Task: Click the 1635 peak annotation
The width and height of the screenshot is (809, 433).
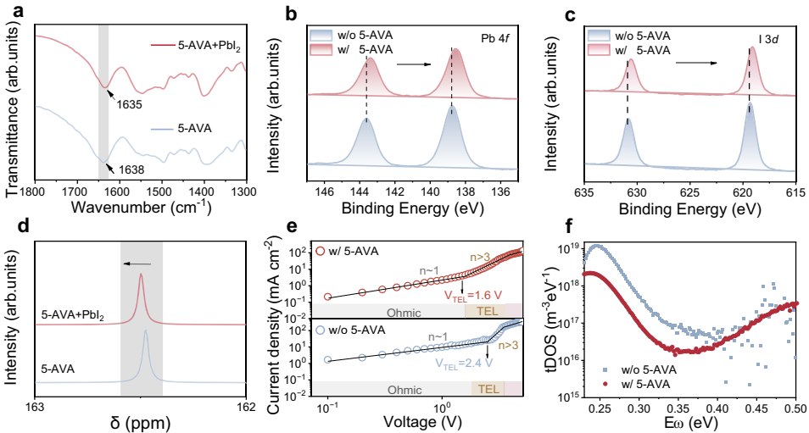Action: point(130,106)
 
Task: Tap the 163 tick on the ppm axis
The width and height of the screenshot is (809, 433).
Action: point(35,406)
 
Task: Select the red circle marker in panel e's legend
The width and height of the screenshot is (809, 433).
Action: point(320,252)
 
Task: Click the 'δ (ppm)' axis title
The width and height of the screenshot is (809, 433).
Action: point(141,422)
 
